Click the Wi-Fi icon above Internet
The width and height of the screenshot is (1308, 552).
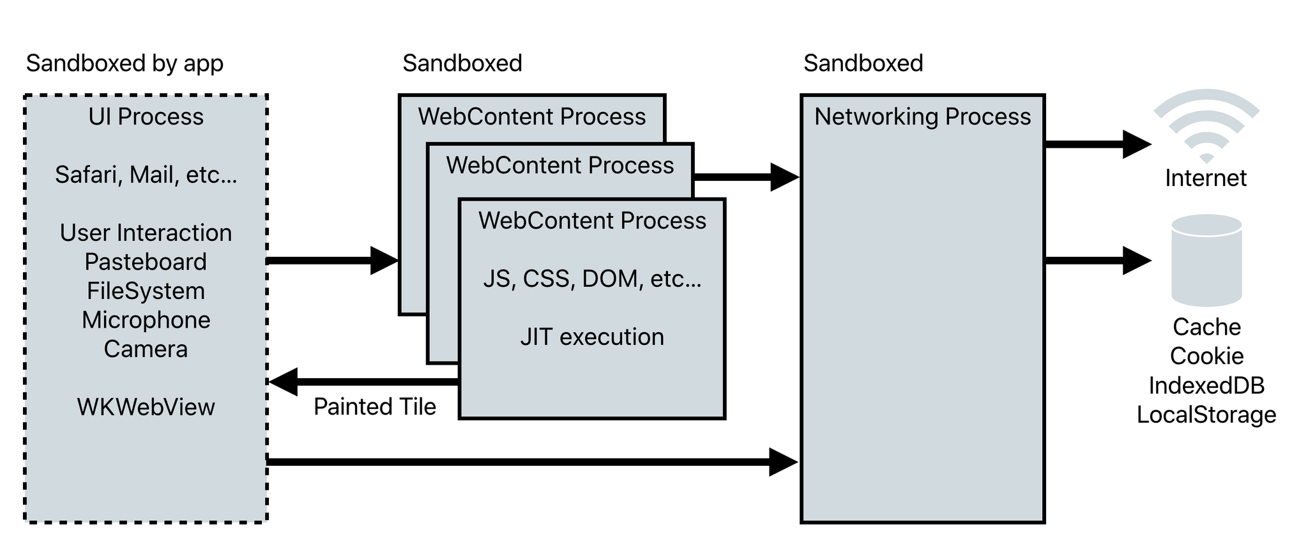pos(1206,125)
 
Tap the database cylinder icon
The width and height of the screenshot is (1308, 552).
pos(1206,261)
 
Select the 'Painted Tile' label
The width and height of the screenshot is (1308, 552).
pos(374,407)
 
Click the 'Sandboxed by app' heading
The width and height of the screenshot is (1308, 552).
pos(125,63)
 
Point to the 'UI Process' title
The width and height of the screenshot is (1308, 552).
pos(146,117)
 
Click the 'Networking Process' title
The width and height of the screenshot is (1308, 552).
pos(922,117)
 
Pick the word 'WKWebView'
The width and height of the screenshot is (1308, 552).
pos(146,407)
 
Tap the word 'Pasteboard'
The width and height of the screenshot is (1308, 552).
pos(146,262)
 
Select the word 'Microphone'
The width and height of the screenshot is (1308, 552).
pos(146,320)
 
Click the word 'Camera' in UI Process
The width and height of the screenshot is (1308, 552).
pos(146,349)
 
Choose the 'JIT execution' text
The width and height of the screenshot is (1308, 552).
pos(592,337)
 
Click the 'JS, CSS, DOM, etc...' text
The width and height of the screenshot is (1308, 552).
pos(592,279)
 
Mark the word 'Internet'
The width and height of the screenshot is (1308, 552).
pos(1205,178)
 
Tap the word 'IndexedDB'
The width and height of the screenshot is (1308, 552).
pos(1206,385)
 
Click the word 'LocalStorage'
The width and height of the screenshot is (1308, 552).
pos(1206,415)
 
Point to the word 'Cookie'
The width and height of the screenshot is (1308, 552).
pos(1206,356)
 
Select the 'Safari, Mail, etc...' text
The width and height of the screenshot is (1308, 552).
pos(146,174)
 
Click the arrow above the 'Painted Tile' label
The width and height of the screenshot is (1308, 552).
pos(364,382)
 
